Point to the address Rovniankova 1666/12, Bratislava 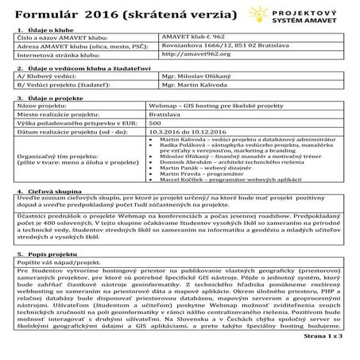(x=219, y=45)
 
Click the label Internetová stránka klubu (x=60, y=55)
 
